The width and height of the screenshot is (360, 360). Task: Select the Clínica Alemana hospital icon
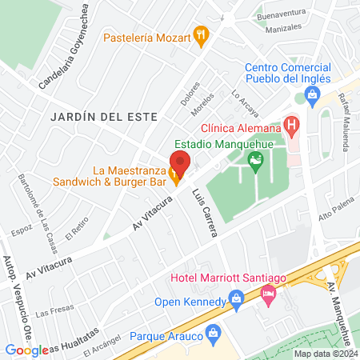coord(291,125)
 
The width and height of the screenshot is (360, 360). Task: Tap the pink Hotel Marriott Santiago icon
coord(269,295)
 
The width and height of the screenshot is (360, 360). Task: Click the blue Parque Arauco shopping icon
coord(213,331)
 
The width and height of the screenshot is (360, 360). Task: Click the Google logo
coord(26,350)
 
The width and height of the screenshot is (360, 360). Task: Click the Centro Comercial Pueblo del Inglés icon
coord(311,98)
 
